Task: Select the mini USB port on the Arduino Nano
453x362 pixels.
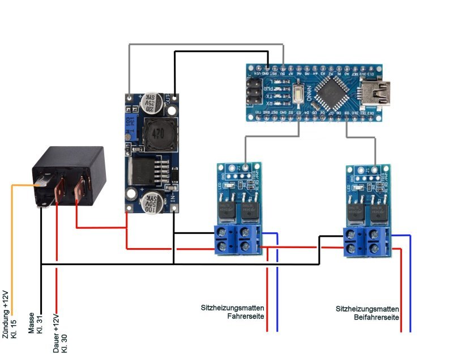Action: click(376, 91)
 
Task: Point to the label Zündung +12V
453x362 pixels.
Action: click(6, 314)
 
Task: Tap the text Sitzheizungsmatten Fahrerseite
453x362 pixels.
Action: click(233, 312)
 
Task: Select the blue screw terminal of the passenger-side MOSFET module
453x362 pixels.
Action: click(367, 241)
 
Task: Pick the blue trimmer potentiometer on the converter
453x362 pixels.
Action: click(130, 120)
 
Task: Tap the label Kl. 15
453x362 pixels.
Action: click(14, 328)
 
